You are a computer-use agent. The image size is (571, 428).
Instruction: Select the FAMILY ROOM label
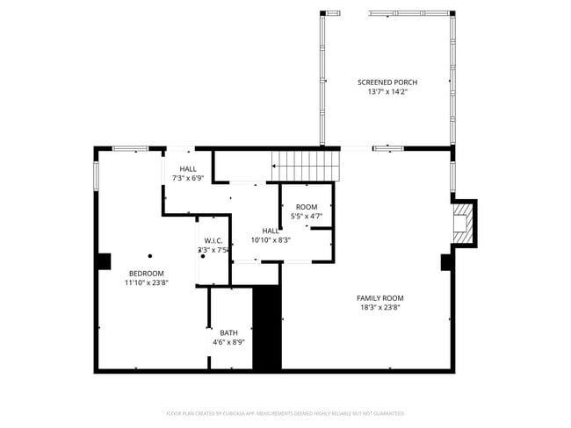[x=380, y=298]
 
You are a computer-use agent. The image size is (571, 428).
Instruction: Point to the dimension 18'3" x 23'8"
[x=380, y=308]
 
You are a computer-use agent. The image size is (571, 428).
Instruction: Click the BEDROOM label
[x=147, y=273]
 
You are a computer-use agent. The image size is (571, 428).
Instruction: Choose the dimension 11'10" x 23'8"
[x=147, y=282]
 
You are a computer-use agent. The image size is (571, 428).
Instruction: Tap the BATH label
[x=228, y=332]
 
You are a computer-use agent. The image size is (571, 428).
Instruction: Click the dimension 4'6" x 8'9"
[x=228, y=342]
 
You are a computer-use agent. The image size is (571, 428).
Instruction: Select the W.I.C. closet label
[x=213, y=240]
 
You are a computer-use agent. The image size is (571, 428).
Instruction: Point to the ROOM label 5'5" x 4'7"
[x=306, y=207]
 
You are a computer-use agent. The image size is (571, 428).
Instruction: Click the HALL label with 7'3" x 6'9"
[x=188, y=168]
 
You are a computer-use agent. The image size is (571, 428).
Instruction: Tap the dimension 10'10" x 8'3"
[x=271, y=239]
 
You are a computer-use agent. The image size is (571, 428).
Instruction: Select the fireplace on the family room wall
[x=462, y=223]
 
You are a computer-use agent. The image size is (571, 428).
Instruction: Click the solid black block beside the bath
[x=267, y=328]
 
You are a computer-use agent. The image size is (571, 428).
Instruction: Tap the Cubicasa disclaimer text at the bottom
[x=285, y=412]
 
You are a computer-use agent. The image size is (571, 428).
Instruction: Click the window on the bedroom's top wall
[x=130, y=148]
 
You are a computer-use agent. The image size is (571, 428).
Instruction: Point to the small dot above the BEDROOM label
[x=150, y=255]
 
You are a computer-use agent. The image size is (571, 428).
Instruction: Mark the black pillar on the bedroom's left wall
[x=104, y=260]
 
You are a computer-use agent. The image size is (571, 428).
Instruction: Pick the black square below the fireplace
[x=447, y=261]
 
